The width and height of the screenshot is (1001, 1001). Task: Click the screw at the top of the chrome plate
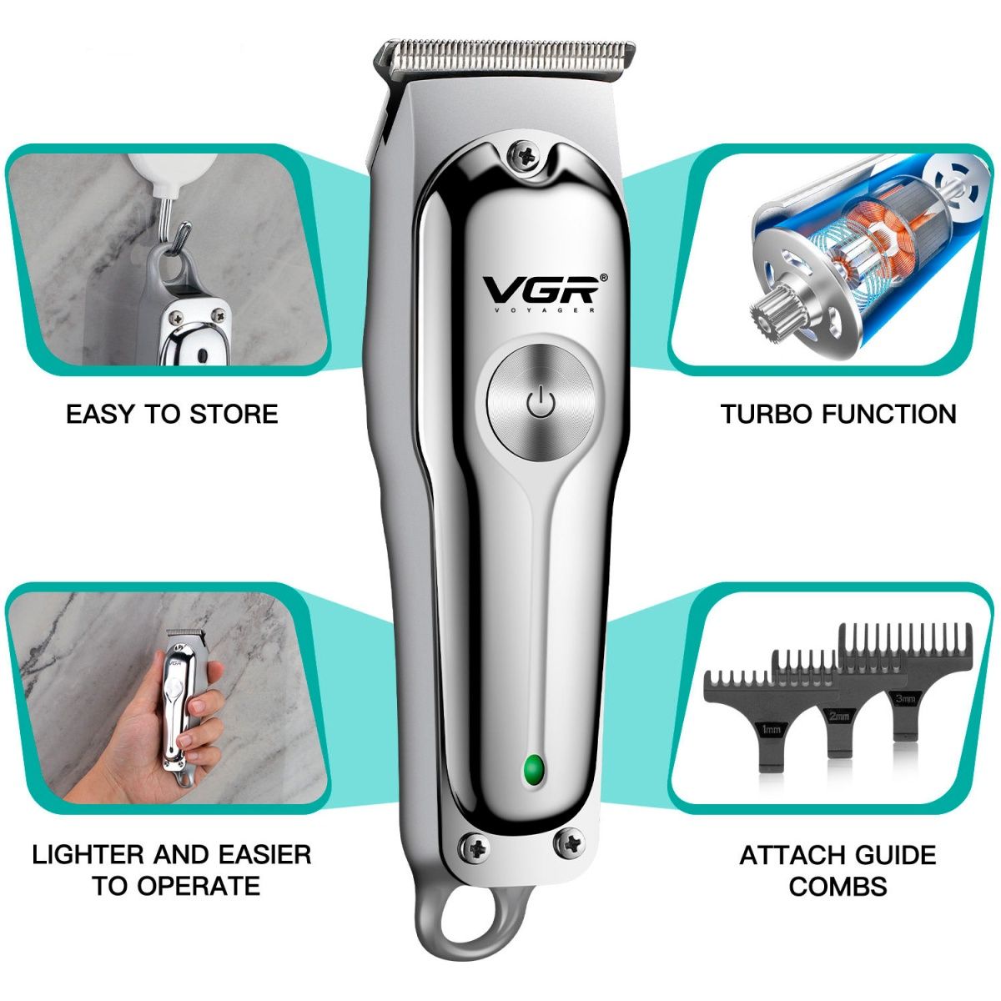pyautogui.click(x=523, y=155)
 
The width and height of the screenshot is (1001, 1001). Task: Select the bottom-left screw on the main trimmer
pyautogui.click(x=474, y=849)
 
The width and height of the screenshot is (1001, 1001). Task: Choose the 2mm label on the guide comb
pyautogui.click(x=839, y=717)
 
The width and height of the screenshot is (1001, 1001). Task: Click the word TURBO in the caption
pyautogui.click(x=767, y=415)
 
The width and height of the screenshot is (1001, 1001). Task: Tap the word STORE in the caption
pyautogui.click(x=234, y=415)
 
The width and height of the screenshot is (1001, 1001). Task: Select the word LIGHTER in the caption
pyautogui.click(x=88, y=855)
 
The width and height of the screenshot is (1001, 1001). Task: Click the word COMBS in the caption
pyautogui.click(x=838, y=887)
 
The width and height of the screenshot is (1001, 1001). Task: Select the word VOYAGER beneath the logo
pyautogui.click(x=543, y=310)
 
